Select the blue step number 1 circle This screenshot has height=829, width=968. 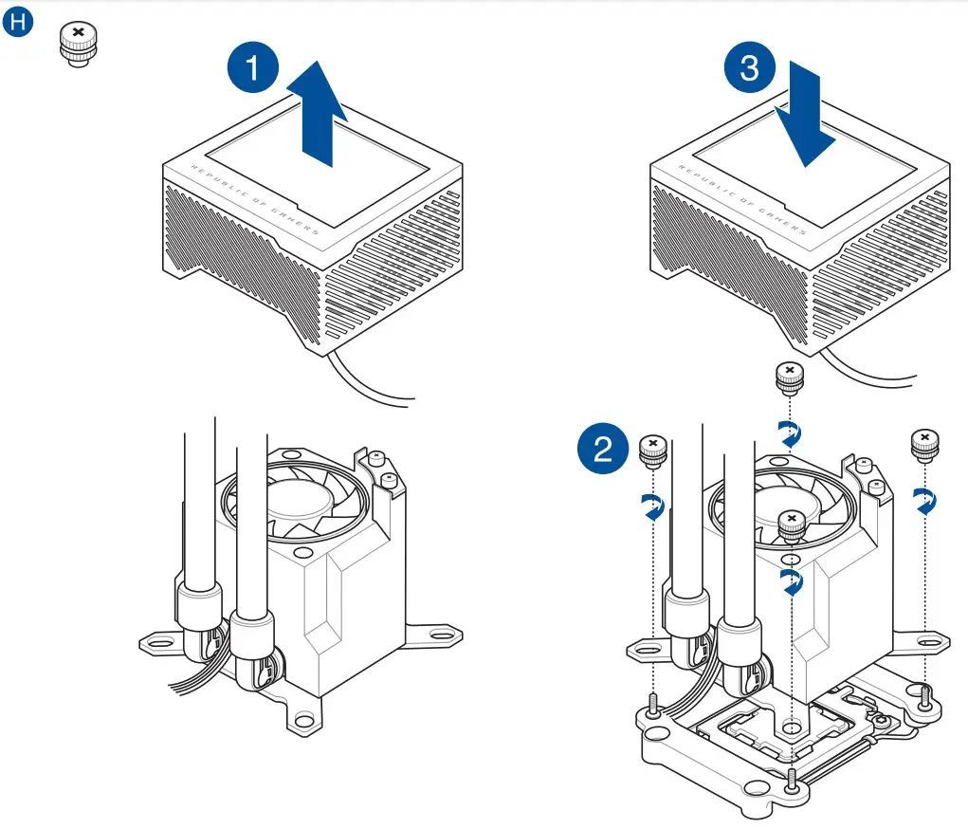(253, 70)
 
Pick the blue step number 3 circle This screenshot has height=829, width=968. (750, 70)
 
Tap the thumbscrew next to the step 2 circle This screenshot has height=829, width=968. (652, 451)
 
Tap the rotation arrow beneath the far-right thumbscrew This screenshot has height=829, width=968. (923, 500)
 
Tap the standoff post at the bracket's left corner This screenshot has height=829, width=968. (653, 706)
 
